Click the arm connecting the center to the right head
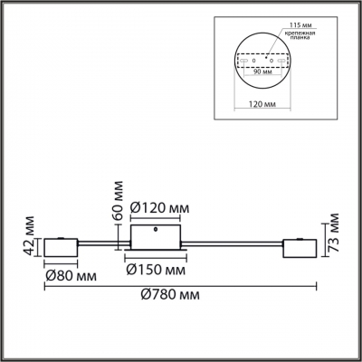(x=235, y=243)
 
